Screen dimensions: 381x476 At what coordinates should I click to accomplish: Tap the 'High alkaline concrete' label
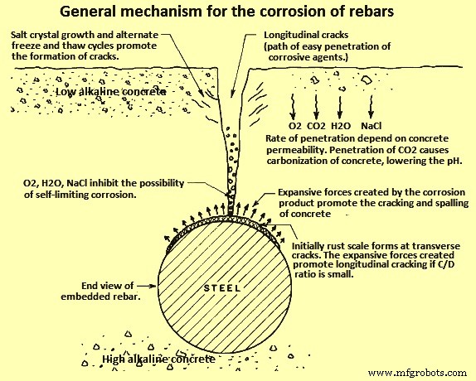coord(158,359)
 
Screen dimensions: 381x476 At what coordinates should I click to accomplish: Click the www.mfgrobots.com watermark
coord(420,373)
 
